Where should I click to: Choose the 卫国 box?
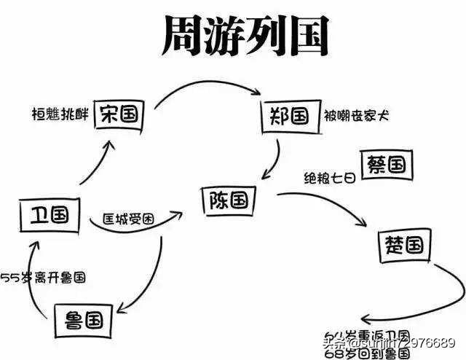[44, 214]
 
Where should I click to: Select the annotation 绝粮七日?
[329, 177]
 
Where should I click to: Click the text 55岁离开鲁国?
[44, 278]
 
